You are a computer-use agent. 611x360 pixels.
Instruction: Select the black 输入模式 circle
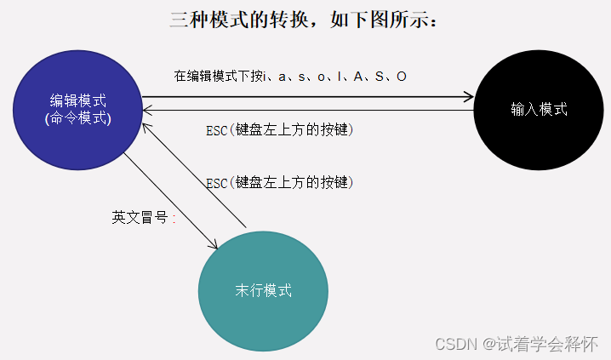[539, 109]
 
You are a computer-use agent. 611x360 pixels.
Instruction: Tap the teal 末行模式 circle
[263, 290]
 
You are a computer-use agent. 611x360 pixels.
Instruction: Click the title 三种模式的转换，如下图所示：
[305, 19]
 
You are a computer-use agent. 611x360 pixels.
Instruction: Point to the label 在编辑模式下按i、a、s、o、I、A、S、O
[290, 77]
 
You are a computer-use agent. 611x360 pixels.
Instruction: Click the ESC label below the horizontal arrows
[279, 131]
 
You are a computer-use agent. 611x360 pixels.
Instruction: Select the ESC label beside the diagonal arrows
[279, 182]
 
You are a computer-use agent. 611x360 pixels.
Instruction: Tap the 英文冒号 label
[144, 217]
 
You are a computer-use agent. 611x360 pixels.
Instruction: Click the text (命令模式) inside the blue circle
[77, 118]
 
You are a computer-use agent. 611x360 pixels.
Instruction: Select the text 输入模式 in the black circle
[539, 109]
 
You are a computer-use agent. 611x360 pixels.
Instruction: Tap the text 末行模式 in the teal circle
[263, 290]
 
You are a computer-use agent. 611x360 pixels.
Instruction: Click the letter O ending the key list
[401, 77]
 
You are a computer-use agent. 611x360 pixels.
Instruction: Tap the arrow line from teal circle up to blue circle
[196, 174]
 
